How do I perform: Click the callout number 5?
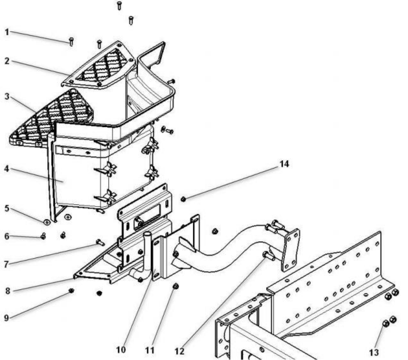[7, 208]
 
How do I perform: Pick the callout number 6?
[7, 236]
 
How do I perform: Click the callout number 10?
[121, 350]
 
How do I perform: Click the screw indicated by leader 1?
[71, 42]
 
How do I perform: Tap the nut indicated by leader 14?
[183, 200]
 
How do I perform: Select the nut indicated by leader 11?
[176, 286]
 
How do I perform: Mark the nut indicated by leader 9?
[71, 291]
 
